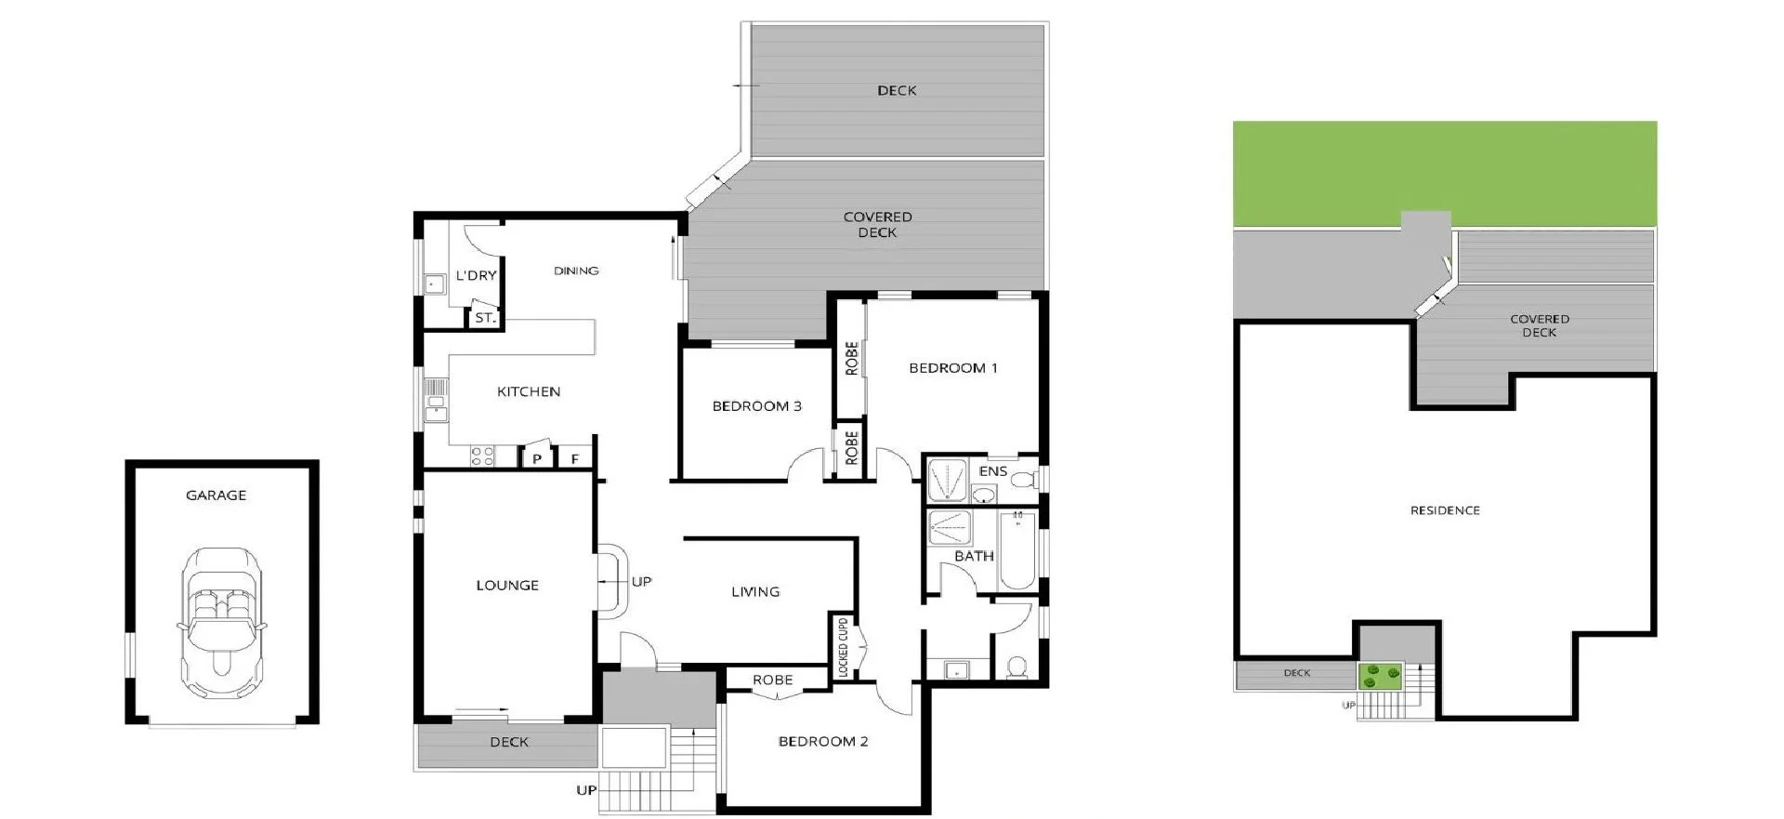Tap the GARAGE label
(x=216, y=495)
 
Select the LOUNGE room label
(x=507, y=586)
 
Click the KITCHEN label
(x=529, y=392)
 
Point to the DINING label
(x=576, y=271)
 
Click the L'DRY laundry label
(x=476, y=276)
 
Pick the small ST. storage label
(x=485, y=318)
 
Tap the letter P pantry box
(x=537, y=458)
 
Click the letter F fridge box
(x=575, y=458)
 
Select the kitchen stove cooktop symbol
(x=482, y=456)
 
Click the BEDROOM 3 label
(x=756, y=406)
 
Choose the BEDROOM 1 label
(x=952, y=368)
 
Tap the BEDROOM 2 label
(x=822, y=742)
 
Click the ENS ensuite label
(x=992, y=471)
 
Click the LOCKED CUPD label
(x=843, y=648)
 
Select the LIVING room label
(x=755, y=592)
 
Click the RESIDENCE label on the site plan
(x=1445, y=510)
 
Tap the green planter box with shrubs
(x=1381, y=676)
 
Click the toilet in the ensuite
(x=1023, y=481)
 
